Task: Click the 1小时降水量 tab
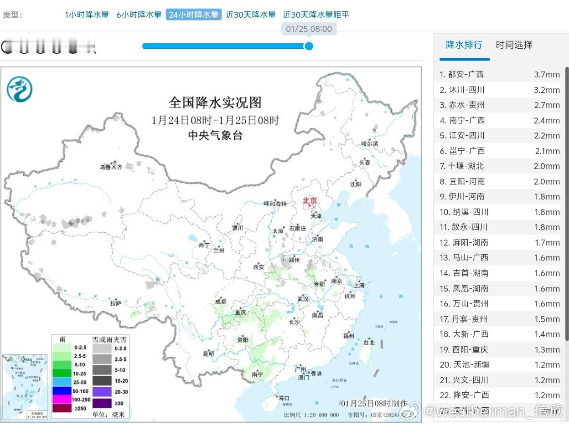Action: click(x=87, y=15)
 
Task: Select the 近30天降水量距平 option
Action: click(x=316, y=15)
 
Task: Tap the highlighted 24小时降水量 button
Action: click(x=194, y=15)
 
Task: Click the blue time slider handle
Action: click(x=309, y=46)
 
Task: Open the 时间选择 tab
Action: click(x=514, y=45)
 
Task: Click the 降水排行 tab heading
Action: click(x=464, y=45)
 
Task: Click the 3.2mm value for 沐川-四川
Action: click(x=547, y=90)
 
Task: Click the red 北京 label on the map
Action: click(x=310, y=200)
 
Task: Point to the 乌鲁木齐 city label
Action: click(x=111, y=167)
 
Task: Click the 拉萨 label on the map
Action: click(x=116, y=303)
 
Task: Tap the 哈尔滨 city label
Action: click(x=369, y=143)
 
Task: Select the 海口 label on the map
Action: click(x=284, y=398)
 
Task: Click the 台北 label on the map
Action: click(x=369, y=343)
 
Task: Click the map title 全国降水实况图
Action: click(x=215, y=102)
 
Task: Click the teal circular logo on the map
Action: click(x=20, y=89)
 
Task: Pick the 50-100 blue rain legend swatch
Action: click(x=62, y=391)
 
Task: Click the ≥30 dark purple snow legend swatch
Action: click(x=102, y=403)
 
